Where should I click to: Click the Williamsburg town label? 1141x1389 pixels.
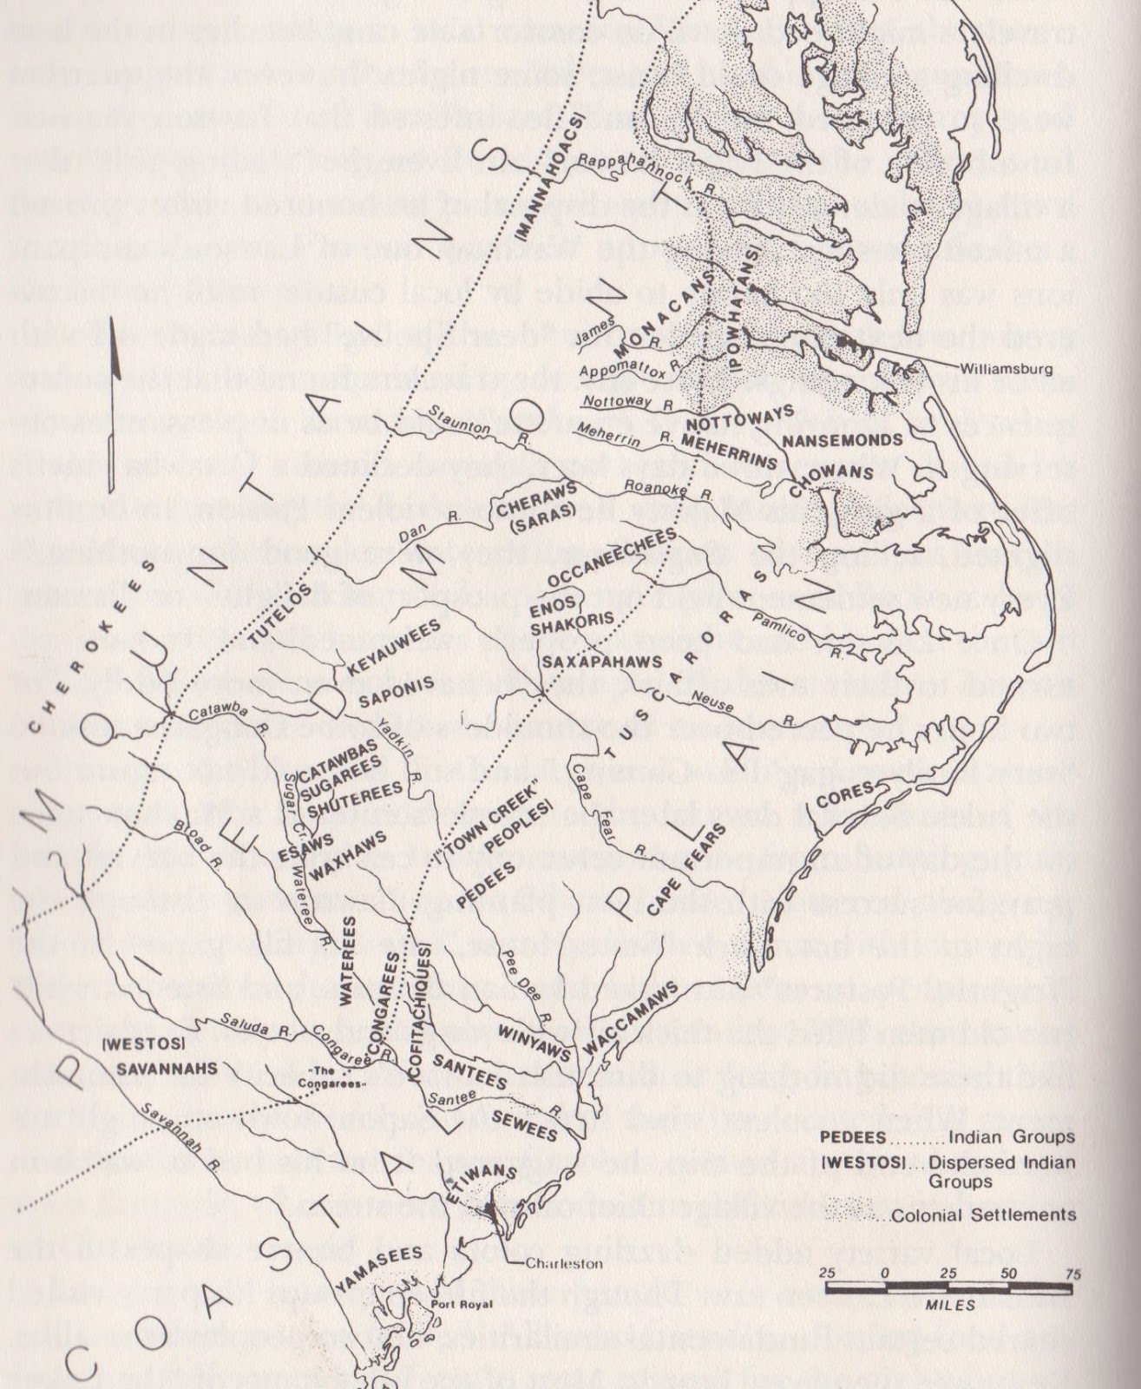pyautogui.click(x=1006, y=369)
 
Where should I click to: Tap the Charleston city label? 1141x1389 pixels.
pyautogui.click(x=564, y=1264)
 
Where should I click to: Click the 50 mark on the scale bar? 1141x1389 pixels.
pyautogui.click(x=1008, y=1274)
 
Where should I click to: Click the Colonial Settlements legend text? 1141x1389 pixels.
pyautogui.click(x=983, y=1215)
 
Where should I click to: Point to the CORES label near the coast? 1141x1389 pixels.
pyautogui.click(x=849, y=794)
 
